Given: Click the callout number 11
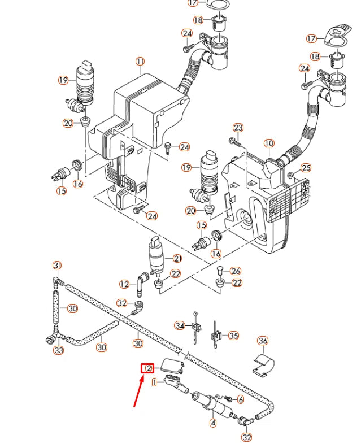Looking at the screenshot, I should pyautogui.click(x=140, y=62).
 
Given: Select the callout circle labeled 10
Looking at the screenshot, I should pyautogui.click(x=268, y=143).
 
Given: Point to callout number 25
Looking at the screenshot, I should pyautogui.click(x=306, y=167).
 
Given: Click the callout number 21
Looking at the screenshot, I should pyautogui.click(x=177, y=259).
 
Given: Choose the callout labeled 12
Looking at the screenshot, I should pyautogui.click(x=125, y=284).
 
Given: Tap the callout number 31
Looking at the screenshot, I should pyautogui.click(x=57, y=266).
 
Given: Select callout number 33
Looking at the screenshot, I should pyautogui.click(x=59, y=350).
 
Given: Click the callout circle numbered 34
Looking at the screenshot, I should pyautogui.click(x=180, y=325).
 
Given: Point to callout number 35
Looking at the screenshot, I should pyautogui.click(x=233, y=336).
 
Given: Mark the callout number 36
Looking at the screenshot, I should pyautogui.click(x=263, y=341).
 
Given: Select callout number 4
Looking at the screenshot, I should pyautogui.click(x=213, y=422).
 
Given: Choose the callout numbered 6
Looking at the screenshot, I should pyautogui.click(x=240, y=399).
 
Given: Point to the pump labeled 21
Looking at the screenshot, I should pyautogui.click(x=155, y=256).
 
